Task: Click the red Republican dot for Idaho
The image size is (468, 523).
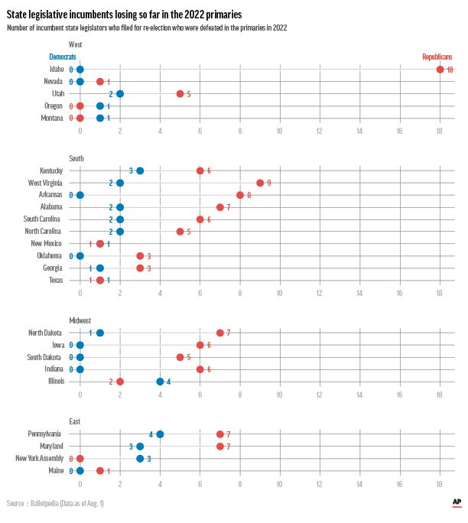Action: pyautogui.click(x=440, y=70)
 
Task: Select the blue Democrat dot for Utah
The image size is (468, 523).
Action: pyautogui.click(x=120, y=94)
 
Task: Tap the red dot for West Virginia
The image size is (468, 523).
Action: pyautogui.click(x=260, y=183)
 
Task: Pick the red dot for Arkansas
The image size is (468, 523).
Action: pyautogui.click(x=240, y=195)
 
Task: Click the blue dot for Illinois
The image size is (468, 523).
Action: pyautogui.click(x=160, y=382)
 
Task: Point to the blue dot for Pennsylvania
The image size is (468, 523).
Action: pyautogui.click(x=160, y=434)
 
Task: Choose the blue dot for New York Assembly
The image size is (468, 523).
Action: pyautogui.click(x=140, y=459)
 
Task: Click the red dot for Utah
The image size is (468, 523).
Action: pyautogui.click(x=180, y=94)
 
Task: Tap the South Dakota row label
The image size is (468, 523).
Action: pyautogui.click(x=46, y=357)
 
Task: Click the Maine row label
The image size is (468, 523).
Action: pyautogui.click(x=56, y=471)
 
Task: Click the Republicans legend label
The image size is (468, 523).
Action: pyautogui.click(x=437, y=57)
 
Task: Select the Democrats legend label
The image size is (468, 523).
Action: pyautogui.click(x=62, y=57)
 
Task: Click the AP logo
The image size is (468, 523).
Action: pyautogui.click(x=456, y=502)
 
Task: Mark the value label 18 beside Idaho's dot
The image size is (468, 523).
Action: pyautogui.click(x=450, y=70)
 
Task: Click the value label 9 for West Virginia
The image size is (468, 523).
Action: pyautogui.click(x=268, y=184)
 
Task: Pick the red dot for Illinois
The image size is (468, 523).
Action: pyautogui.click(x=120, y=382)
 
